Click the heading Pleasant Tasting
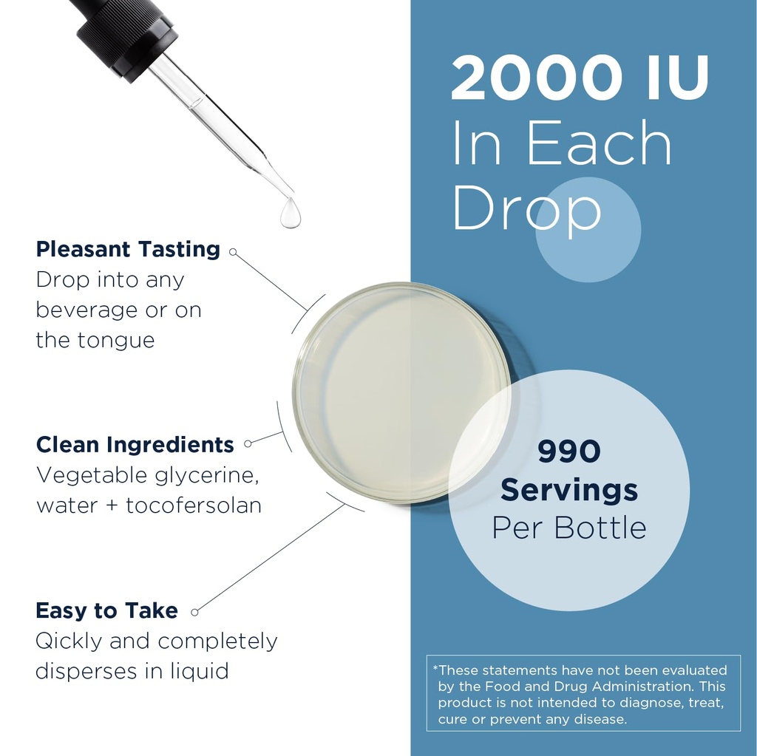coord(128,250)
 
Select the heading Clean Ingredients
coord(135,445)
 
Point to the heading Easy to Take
coord(106,610)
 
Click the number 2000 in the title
coord(536,78)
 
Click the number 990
coord(569,451)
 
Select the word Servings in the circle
coord(569,490)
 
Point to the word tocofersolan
coord(194,505)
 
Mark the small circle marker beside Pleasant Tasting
coord(233,252)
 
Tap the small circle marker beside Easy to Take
coord(194,613)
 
